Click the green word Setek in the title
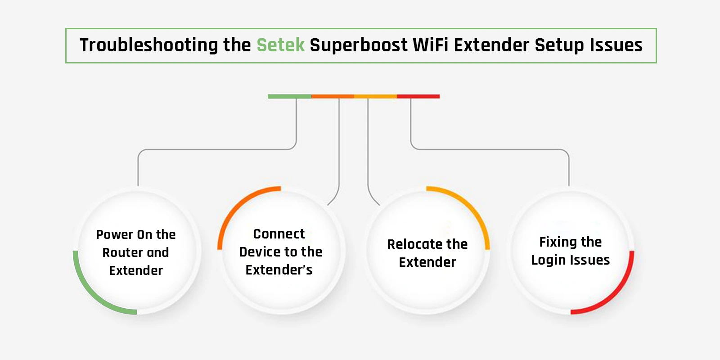click(x=281, y=45)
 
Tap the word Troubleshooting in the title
click(x=149, y=45)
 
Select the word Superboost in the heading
click(x=359, y=45)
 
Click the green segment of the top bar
click(x=289, y=96)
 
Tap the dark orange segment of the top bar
click(x=333, y=96)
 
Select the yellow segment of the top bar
click(x=375, y=96)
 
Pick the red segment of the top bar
click(x=418, y=96)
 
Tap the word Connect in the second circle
click(x=279, y=234)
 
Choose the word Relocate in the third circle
click(x=409, y=244)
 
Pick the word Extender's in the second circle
click(x=279, y=270)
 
